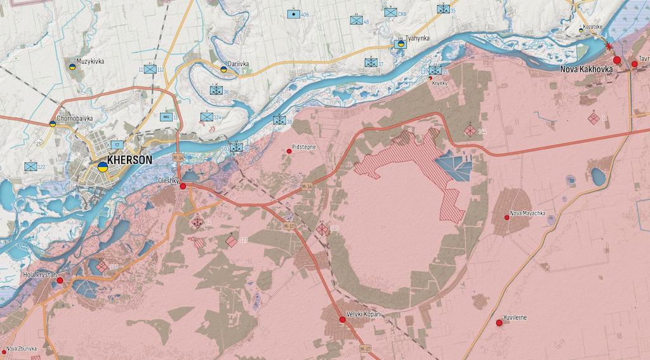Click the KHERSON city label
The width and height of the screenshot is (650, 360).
[129, 161]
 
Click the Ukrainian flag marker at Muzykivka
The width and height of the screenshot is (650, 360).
[72, 66]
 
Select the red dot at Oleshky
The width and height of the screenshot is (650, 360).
[183, 186]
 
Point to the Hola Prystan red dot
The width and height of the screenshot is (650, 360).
[60, 280]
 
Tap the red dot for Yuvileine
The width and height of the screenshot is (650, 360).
[499, 323]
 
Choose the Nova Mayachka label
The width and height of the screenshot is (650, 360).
[527, 213]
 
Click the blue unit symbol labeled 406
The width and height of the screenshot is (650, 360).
[294, 14]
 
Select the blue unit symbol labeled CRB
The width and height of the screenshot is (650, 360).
[390, 12]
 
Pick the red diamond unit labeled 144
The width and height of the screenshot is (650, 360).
[469, 131]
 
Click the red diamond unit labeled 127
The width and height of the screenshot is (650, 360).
[232, 241]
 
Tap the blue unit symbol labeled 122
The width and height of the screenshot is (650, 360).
[30, 166]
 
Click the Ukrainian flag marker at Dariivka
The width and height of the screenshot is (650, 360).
[223, 68]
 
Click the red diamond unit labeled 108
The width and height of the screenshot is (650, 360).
[102, 267]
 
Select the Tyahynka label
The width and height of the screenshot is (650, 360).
[418, 38]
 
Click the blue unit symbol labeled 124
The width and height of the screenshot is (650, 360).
[206, 117]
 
